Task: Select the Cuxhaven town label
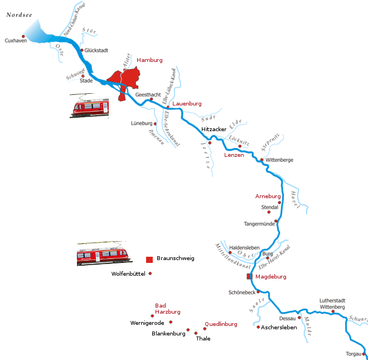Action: [x=12, y=41]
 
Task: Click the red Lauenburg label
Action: [x=187, y=104]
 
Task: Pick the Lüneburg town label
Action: [x=141, y=123]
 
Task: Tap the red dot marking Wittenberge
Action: [x=262, y=160]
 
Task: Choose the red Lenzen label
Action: [x=234, y=155]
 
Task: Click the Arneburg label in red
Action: [x=267, y=196]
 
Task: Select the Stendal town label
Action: [x=269, y=207]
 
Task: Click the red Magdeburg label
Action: [x=270, y=277]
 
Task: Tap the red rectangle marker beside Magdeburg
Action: [x=249, y=276]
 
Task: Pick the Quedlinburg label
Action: [x=221, y=324]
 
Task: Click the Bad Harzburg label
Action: [x=167, y=309]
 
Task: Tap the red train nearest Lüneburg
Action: [x=89, y=106]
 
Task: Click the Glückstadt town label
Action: [x=96, y=50]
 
